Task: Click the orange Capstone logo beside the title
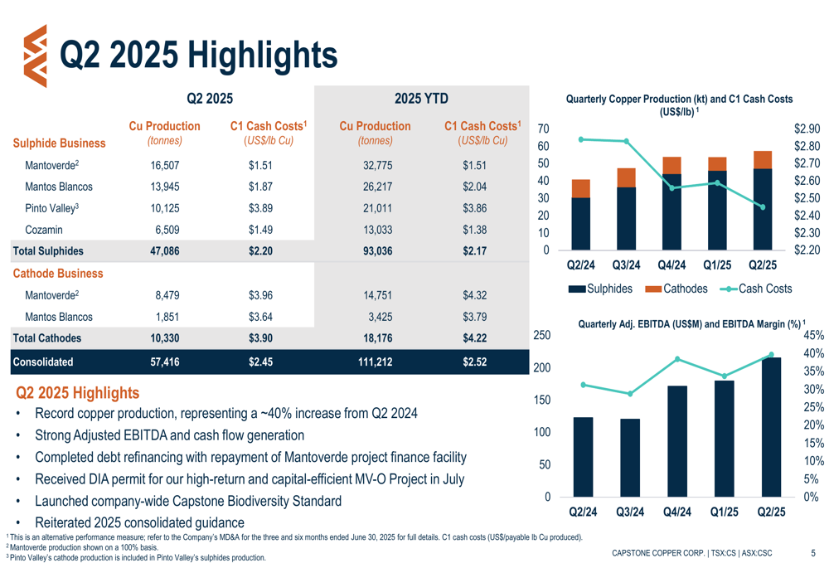[x=34, y=56]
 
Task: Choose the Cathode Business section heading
[x=58, y=273]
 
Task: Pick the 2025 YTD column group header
[x=421, y=99]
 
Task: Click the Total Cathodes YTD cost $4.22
[x=475, y=337]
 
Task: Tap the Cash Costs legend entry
[x=757, y=289]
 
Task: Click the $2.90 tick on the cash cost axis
[x=807, y=129]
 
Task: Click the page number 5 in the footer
[x=812, y=552]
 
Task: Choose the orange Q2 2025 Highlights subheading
[x=78, y=392]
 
